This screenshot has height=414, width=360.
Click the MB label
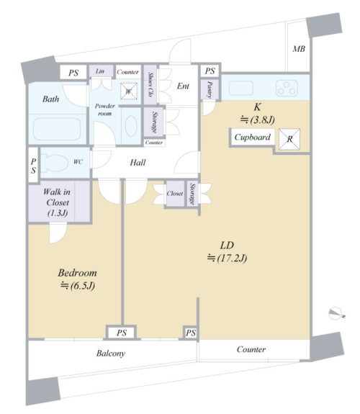(x=299, y=49)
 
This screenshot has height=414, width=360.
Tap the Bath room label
(x=50, y=99)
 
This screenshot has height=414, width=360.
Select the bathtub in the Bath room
(x=57, y=129)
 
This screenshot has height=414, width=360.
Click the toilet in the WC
(x=55, y=162)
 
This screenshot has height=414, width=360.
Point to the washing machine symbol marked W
(x=129, y=91)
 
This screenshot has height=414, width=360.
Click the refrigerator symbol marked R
(x=289, y=139)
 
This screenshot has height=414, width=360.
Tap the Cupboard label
(x=252, y=138)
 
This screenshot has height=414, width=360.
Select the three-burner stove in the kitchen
(x=287, y=88)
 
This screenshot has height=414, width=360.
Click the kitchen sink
(x=241, y=88)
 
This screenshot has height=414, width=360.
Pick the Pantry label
(x=210, y=90)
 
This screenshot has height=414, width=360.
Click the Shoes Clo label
(x=150, y=84)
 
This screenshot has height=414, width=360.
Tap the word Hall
(x=138, y=163)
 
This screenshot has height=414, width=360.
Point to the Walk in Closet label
(x=58, y=202)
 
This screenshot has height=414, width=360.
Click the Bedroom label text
(x=77, y=273)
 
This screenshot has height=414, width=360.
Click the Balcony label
(x=111, y=354)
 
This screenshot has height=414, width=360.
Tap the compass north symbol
(x=336, y=313)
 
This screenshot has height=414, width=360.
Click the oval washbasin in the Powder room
(x=131, y=126)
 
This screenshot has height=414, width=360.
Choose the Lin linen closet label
(x=100, y=71)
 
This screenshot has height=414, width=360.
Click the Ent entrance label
(x=183, y=86)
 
